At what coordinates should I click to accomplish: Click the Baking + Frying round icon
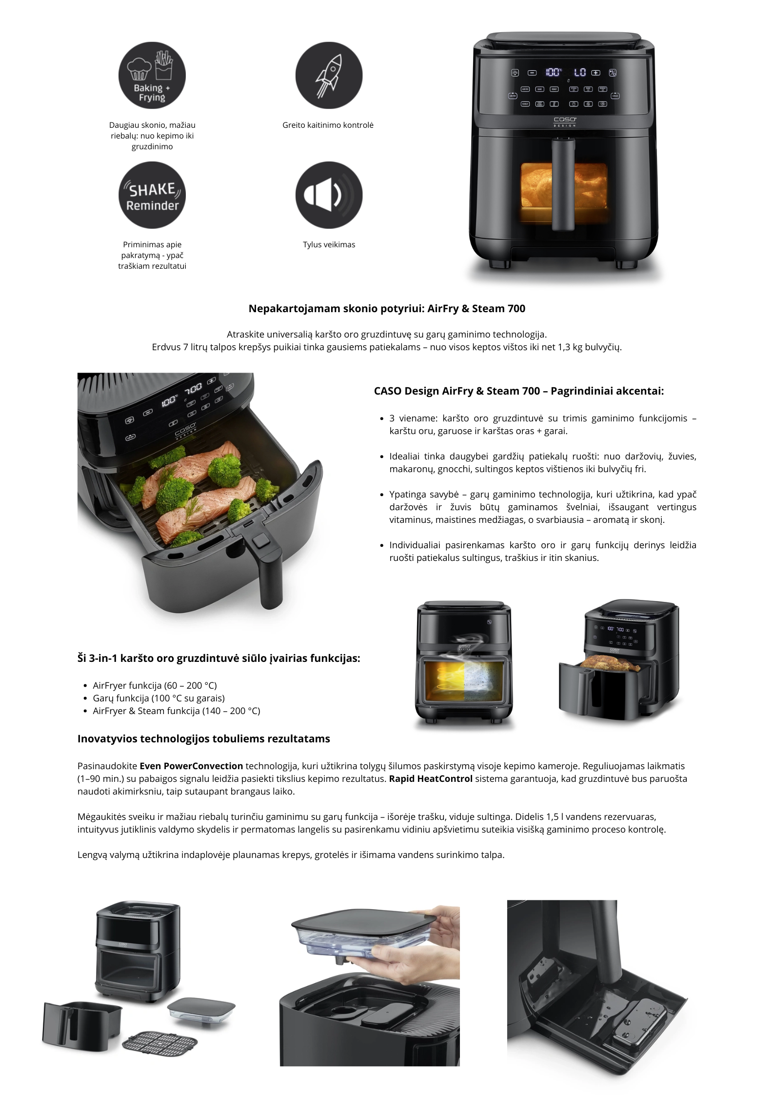tap(152, 75)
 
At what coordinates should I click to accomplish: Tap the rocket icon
tap(329, 76)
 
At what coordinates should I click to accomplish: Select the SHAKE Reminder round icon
tap(152, 195)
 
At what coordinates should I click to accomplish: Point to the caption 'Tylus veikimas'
tap(329, 244)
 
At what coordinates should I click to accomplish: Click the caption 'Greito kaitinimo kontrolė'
tap(328, 125)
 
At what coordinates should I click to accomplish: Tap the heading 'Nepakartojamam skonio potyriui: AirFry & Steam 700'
tap(387, 308)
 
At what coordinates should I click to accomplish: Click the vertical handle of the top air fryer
tap(564, 184)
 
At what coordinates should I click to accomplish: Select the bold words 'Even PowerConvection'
tap(191, 766)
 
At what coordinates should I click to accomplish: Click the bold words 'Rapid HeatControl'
tap(431, 778)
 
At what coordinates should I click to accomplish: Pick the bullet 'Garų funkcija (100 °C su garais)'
tap(159, 698)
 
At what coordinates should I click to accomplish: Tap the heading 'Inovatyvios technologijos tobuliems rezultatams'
tap(204, 738)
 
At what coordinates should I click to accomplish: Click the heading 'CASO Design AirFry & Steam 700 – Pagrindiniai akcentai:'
tap(518, 391)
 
